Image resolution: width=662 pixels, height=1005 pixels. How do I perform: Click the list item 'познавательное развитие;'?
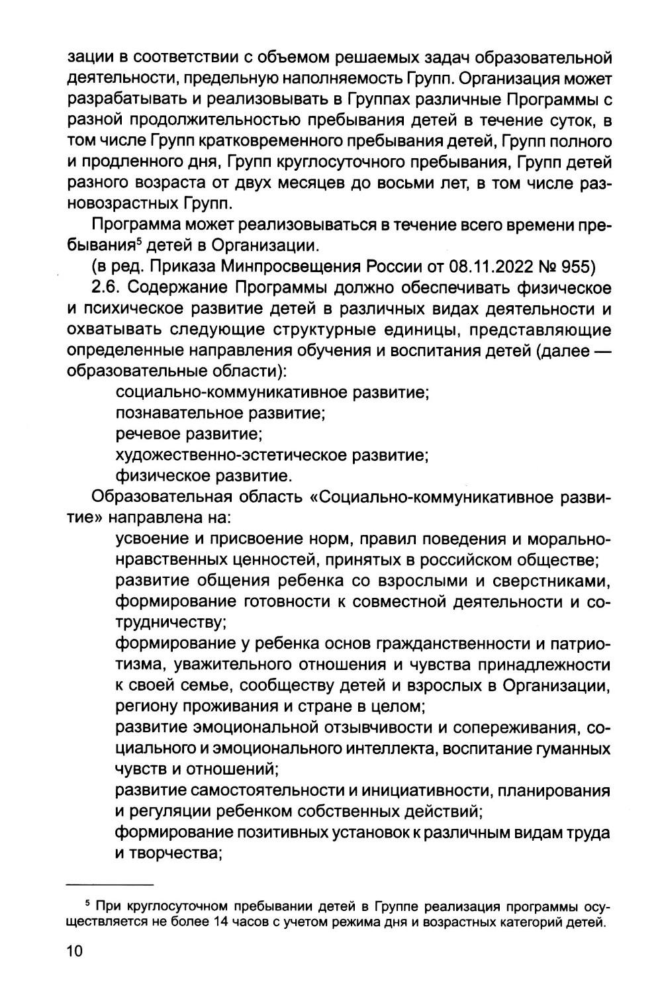coord(219,414)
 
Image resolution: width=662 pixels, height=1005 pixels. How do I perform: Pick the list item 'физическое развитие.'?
coord(203,476)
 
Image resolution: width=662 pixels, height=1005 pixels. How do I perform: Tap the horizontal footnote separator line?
coord(110,885)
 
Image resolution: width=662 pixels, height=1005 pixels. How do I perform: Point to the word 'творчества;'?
coord(167,853)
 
